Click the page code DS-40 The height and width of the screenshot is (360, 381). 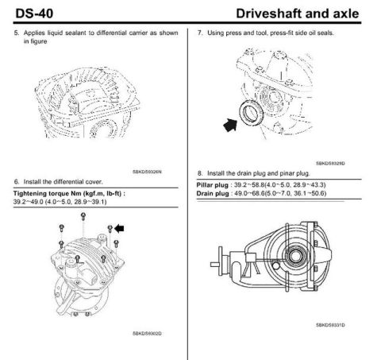click(34, 14)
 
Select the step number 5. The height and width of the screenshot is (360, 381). click(17, 33)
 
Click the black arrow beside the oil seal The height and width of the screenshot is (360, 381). click(230, 125)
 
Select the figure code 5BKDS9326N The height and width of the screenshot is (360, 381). click(147, 172)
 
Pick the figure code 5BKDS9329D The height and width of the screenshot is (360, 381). click(330, 163)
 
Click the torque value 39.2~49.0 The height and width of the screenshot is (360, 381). click(28, 202)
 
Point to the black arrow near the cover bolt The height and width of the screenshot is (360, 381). click(119, 228)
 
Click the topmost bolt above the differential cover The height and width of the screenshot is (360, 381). click(83, 216)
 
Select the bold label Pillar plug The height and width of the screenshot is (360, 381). click(212, 185)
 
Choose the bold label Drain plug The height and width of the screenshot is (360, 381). click(213, 193)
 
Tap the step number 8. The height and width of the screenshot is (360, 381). click(200, 173)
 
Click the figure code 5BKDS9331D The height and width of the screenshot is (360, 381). click(330, 325)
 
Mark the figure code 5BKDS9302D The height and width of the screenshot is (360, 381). click(147, 333)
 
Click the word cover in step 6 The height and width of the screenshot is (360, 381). click(94, 182)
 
